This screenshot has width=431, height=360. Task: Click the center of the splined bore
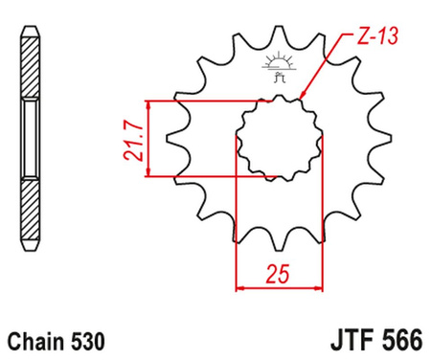click(278, 139)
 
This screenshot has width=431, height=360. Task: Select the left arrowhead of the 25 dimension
click(241, 285)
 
